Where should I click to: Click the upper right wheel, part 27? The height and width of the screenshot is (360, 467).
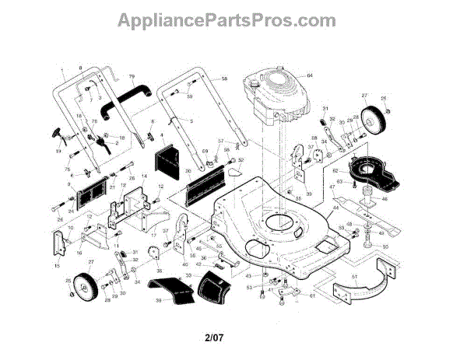click(x=373, y=117)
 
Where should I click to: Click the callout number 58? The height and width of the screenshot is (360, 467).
click(x=224, y=79)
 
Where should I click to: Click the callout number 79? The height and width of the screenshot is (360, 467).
click(x=131, y=77)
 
